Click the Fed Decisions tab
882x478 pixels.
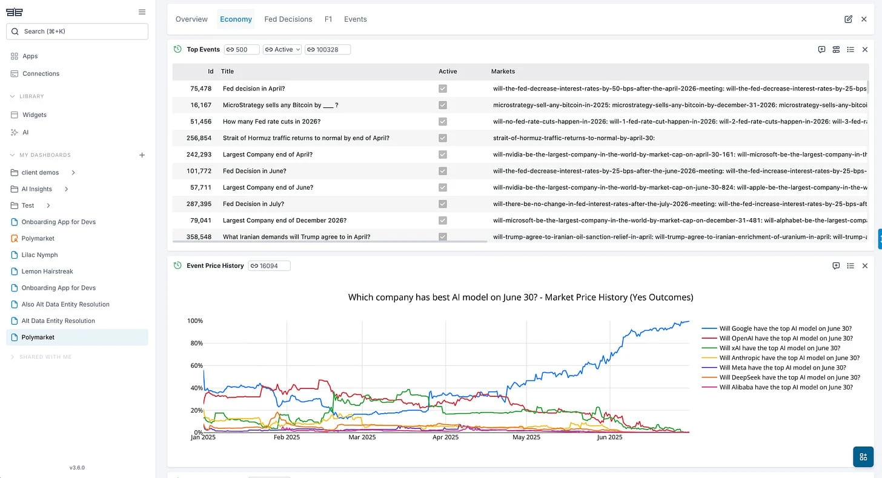pos(288,19)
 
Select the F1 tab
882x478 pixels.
pos(328,19)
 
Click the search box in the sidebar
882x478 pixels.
pos(77,32)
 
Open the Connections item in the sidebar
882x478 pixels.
pos(41,73)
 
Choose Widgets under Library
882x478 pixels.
pos(35,115)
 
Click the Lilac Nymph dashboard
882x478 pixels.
pos(39,255)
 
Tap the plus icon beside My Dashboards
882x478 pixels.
pos(142,155)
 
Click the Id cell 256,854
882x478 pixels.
pos(199,138)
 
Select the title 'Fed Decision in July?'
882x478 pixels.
pos(253,204)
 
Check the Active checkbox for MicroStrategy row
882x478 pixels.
pos(443,105)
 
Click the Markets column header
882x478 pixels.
pos(503,71)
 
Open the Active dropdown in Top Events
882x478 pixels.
pos(282,50)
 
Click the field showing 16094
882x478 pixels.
pos(269,265)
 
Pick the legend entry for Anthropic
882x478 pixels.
pos(785,358)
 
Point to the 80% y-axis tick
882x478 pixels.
pos(195,343)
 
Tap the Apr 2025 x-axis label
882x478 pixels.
pos(446,437)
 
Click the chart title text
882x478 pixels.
pos(520,297)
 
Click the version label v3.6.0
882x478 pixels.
pos(77,468)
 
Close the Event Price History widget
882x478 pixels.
pos(865,265)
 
